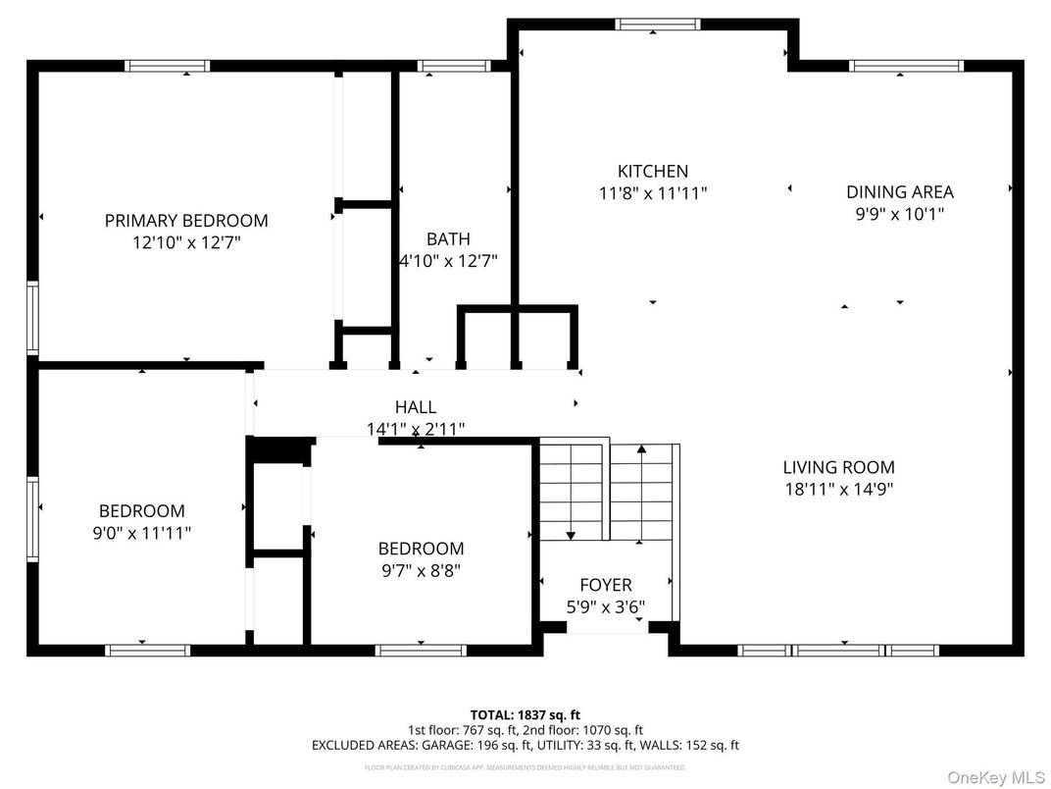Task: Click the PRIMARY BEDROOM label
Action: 186,221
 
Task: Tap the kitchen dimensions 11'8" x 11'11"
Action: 652,193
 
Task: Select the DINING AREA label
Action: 899,192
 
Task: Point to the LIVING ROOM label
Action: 838,467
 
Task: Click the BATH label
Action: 448,238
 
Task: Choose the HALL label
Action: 416,407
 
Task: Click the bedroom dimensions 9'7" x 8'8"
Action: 421,570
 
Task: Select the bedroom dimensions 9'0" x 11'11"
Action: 141,533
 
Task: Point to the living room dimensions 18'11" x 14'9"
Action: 838,489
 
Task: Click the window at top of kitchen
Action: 658,25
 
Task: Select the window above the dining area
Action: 906,66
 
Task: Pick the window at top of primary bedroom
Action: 168,66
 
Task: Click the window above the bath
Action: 454,66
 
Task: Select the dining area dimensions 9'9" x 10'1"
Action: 899,214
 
